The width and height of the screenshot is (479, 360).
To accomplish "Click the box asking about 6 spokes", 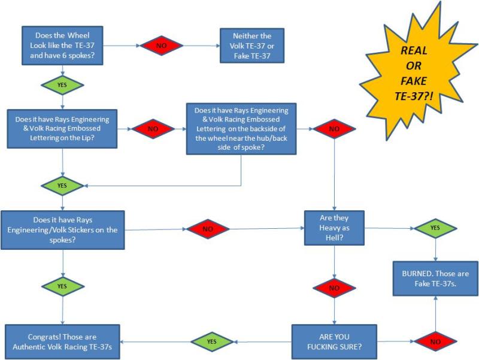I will point(63,46).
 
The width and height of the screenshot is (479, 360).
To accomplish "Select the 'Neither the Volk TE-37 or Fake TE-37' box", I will point(251,46).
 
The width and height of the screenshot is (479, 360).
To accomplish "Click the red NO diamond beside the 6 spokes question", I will point(160,46).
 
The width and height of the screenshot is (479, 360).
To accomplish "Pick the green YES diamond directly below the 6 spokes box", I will point(62,85).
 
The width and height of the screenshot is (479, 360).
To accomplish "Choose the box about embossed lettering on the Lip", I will point(62,128).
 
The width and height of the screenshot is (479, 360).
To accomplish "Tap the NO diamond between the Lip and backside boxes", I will point(152,128).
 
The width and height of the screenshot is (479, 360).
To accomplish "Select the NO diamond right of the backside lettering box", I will point(334,128).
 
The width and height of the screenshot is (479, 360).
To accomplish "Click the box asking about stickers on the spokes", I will point(63,230).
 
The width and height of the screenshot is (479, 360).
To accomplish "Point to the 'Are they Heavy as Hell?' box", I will point(334,228).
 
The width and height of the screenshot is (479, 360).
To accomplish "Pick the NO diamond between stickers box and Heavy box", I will point(208,229).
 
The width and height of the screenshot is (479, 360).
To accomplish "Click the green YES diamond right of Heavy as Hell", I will point(435,228).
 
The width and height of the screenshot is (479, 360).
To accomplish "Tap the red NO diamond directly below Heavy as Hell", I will point(334,288).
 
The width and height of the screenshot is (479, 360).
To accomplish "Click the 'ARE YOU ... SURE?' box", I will point(334,342).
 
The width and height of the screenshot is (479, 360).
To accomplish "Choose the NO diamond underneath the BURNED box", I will point(435,342).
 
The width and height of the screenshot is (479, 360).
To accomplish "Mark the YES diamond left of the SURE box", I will point(211,341).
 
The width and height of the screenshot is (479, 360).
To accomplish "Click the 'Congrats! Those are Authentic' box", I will point(62,342).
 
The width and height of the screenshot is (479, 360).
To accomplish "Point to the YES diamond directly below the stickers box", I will point(62,286).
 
